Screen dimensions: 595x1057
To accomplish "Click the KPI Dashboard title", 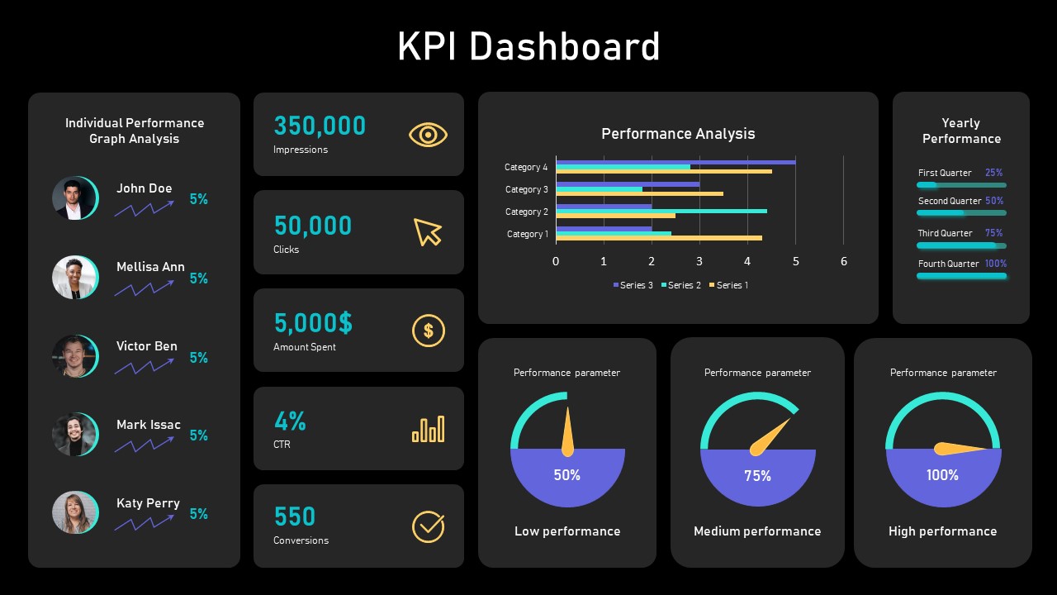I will point(528,46).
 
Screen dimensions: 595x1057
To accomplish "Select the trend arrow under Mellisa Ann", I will point(145,288).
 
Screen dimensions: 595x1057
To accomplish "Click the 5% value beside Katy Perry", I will point(198,514).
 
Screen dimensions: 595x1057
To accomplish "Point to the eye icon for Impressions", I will point(428,135).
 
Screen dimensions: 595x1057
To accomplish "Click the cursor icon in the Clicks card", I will point(427,232).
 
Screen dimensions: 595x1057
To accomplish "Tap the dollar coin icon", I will point(428,331).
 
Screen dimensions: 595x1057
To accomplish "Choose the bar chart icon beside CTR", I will point(428,429).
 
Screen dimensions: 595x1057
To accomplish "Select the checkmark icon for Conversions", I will point(428,526).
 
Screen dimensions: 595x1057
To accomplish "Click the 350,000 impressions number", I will point(320,126).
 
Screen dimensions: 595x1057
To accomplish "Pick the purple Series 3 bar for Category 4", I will point(675,162).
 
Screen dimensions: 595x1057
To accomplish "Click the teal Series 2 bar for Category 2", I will point(661,211).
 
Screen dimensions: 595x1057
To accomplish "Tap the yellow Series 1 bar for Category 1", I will point(658,238).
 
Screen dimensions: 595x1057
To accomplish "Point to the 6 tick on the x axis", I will point(843,261).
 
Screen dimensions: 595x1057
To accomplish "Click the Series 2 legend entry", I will point(680,285).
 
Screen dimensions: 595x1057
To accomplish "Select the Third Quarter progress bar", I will point(961,245).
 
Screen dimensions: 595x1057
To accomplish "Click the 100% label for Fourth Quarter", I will point(996,264).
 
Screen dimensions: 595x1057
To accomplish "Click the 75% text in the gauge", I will point(757,476).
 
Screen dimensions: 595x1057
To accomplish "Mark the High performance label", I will point(942,531).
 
